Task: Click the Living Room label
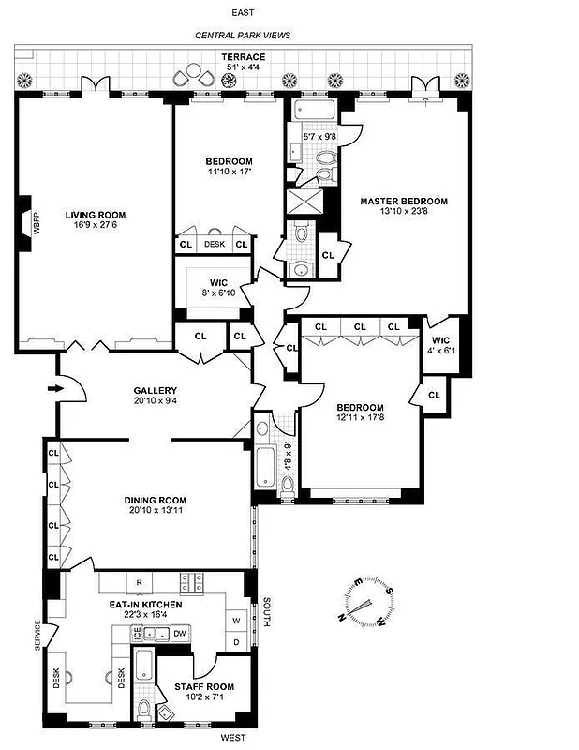point(95,215)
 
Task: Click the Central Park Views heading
point(242,35)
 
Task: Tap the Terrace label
point(243,57)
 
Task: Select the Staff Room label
point(203,687)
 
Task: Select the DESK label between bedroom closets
point(214,244)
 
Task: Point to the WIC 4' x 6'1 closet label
point(440,346)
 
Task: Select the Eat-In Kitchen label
point(144,605)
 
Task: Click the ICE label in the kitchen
point(136,635)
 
